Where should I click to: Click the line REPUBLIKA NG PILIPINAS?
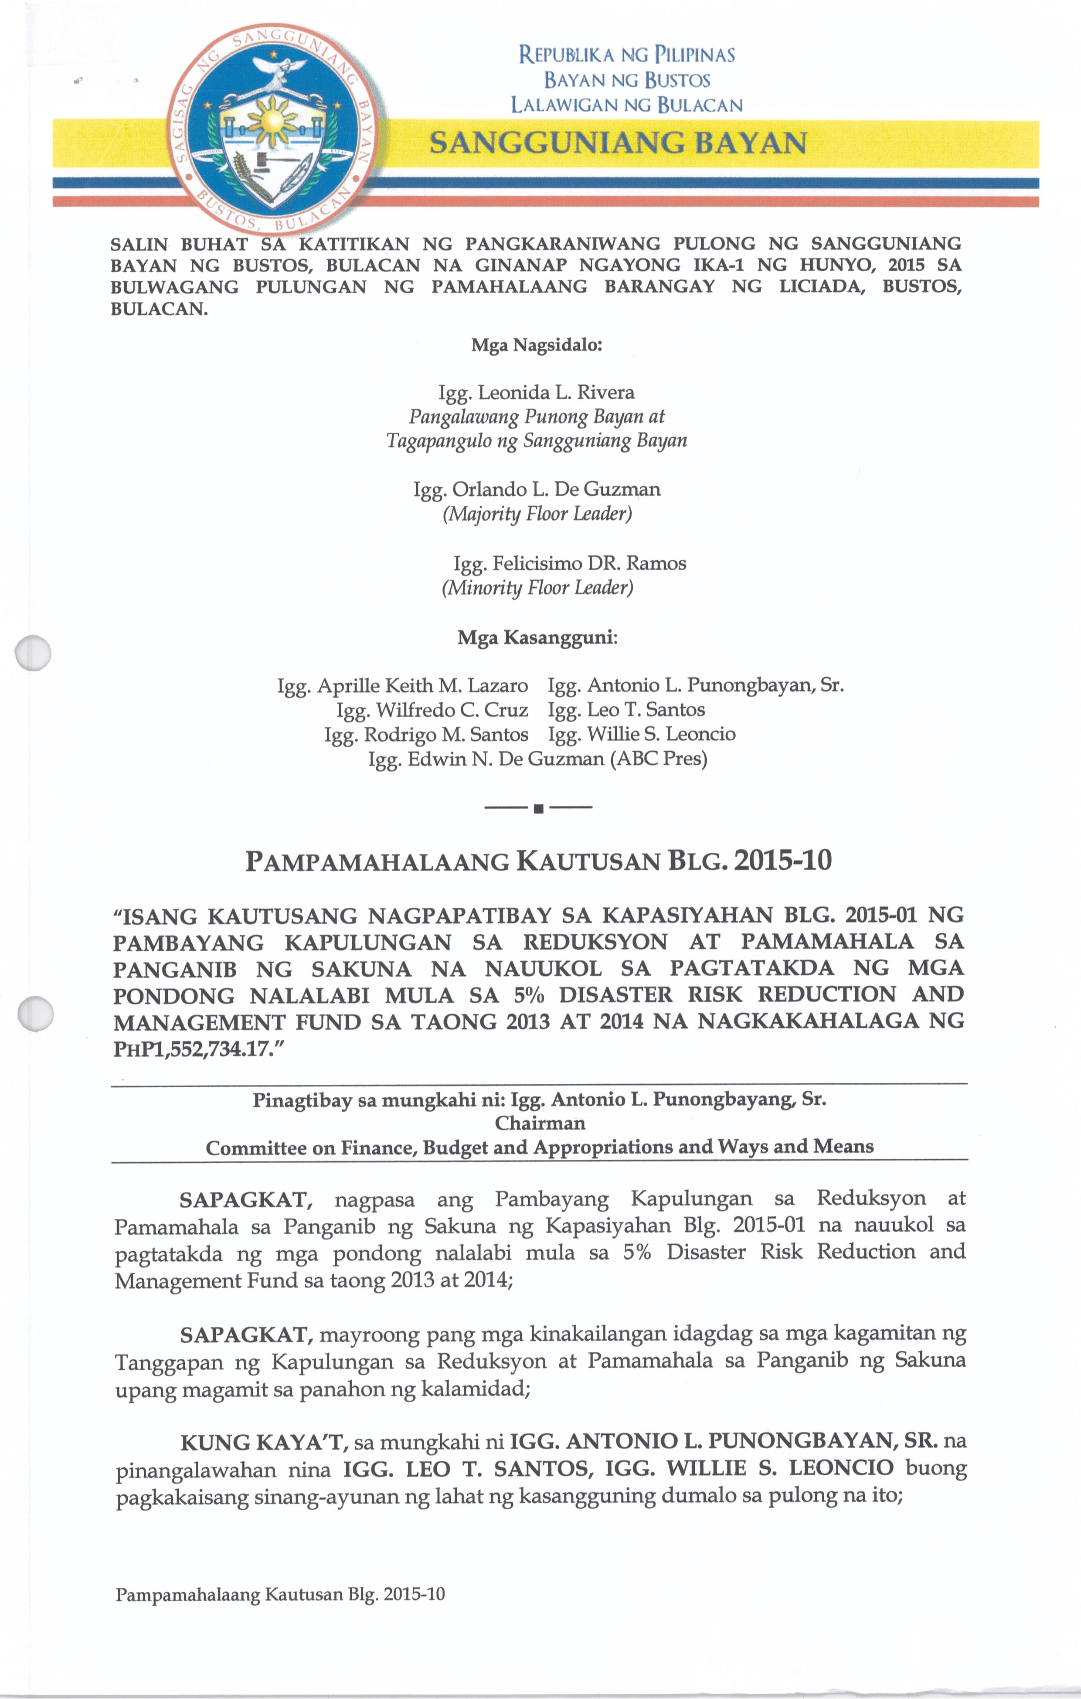[x=626, y=55]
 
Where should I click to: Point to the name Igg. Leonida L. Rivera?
[x=536, y=392]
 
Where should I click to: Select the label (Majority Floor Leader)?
[x=537, y=514]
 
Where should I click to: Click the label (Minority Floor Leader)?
[x=537, y=588]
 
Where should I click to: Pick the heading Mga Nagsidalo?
[x=536, y=346]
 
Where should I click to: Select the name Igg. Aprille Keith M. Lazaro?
[x=402, y=686]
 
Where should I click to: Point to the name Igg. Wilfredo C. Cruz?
[x=432, y=710]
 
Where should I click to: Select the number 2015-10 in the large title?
[x=782, y=860]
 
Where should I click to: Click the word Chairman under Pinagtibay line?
[x=540, y=1123]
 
